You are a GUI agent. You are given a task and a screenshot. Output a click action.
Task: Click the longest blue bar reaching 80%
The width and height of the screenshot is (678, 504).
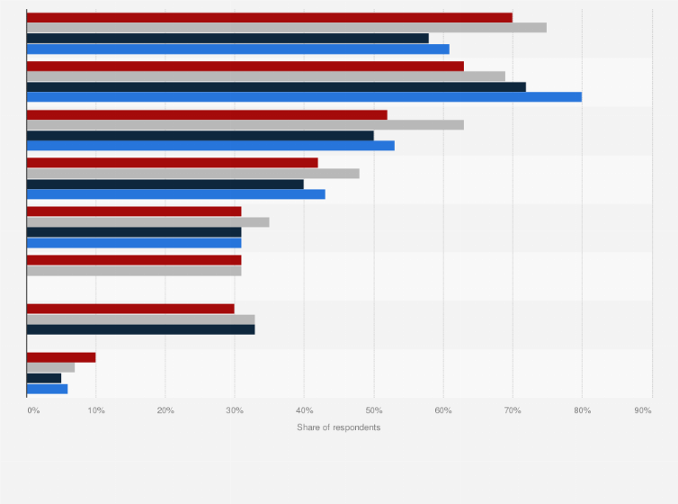pos(304,96)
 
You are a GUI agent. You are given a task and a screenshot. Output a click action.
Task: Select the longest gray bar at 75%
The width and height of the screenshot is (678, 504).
pos(286,28)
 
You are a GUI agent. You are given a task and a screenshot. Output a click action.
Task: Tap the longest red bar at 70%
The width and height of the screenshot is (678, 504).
pos(269,17)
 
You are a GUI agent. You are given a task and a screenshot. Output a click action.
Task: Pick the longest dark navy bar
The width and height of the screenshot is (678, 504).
pos(276,86)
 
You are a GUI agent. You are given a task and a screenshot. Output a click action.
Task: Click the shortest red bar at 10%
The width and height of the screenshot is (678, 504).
pos(61,357)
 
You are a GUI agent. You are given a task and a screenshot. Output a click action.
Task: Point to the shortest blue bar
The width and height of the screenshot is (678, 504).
pos(47,389)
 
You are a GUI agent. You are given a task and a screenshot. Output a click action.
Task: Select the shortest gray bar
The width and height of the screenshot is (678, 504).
pos(50,367)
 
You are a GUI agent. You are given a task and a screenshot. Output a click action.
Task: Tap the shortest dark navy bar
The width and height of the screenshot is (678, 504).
pos(44,378)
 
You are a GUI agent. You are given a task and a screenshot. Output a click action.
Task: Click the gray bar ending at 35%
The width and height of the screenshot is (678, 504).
pos(147,221)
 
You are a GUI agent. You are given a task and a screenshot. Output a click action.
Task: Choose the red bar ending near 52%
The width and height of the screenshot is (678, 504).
pos(207,114)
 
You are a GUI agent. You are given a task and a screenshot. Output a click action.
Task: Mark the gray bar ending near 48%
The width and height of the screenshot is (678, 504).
pos(192,173)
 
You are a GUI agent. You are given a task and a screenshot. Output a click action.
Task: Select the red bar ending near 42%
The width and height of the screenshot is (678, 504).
pos(172,163)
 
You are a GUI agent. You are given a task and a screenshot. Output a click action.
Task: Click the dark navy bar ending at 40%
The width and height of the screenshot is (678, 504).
pos(165,184)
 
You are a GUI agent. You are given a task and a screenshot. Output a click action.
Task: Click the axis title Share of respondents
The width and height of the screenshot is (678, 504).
pos(338,427)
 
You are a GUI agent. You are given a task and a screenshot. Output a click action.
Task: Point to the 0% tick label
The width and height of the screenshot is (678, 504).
pos(33,410)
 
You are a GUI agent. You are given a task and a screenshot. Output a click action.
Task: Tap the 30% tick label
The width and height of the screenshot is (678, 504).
pos(234,410)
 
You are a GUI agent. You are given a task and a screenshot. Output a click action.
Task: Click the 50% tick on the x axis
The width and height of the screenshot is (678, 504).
pos(373,410)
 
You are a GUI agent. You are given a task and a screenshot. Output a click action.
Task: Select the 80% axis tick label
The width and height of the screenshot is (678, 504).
pos(582,410)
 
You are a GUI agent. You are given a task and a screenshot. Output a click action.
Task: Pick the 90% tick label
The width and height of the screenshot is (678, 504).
pos(643,410)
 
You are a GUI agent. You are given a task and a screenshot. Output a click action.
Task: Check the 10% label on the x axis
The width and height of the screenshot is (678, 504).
pos(95,410)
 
